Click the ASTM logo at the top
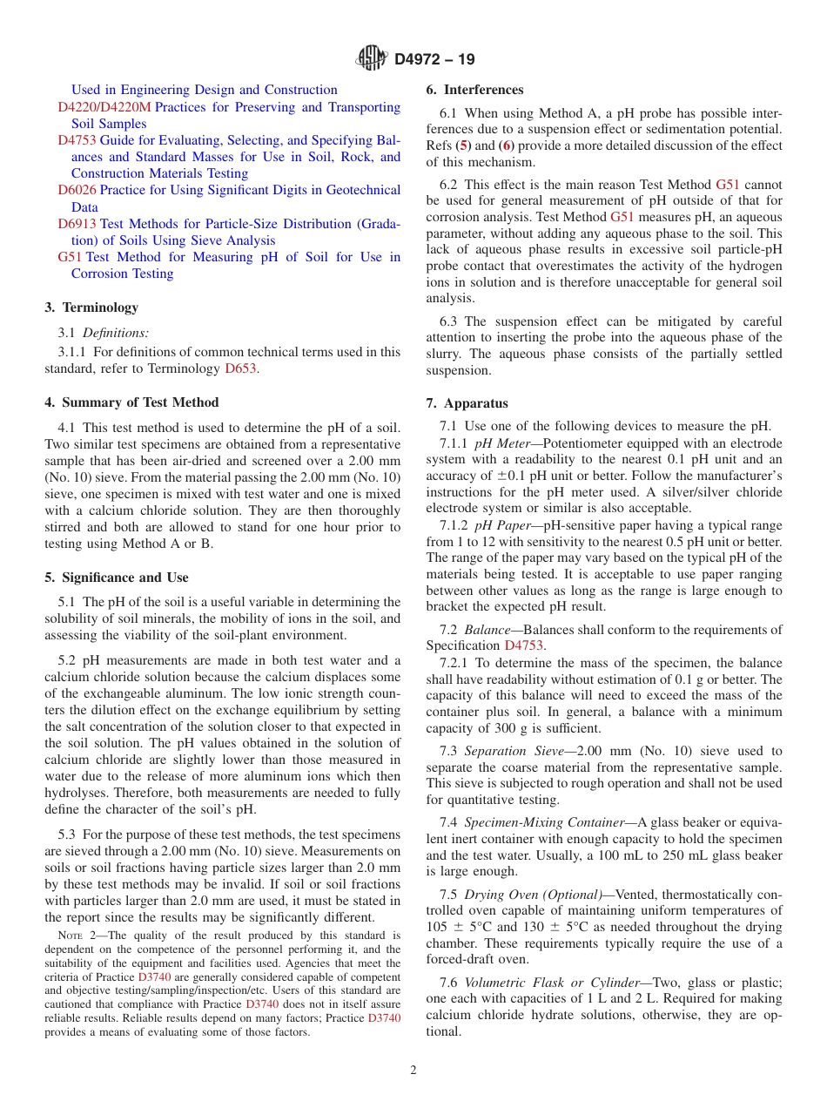pos(372,59)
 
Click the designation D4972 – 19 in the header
pos(434,60)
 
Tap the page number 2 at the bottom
pos(413,1070)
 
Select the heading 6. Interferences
pos(474,90)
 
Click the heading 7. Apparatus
pos(467,403)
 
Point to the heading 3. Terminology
pos(91,307)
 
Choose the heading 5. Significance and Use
pos(117,578)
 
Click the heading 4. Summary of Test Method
pos(131,402)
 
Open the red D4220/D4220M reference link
pos(104,107)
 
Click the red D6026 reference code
pos(77,190)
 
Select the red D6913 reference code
pos(77,224)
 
